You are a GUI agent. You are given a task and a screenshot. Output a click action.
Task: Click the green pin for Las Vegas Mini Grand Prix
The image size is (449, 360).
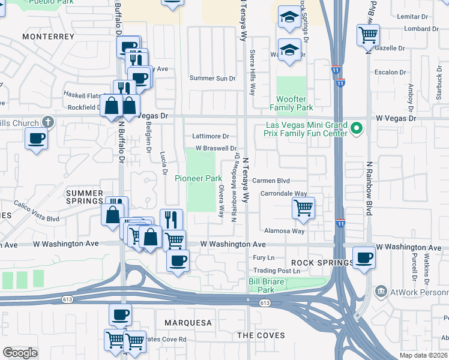[x=357, y=128]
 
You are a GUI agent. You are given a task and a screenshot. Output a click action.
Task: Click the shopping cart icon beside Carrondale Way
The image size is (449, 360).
[x=304, y=208]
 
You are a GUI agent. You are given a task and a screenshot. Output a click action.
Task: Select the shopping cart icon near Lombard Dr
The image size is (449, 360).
[x=367, y=34]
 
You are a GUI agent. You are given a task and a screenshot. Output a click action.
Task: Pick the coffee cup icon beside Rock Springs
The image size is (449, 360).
[x=364, y=257]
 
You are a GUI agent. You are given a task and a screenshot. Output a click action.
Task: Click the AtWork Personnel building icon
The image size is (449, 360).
[x=381, y=292]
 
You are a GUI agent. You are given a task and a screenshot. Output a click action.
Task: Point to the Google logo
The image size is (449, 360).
[x=20, y=352]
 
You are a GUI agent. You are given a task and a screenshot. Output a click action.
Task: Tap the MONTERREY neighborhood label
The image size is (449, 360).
[x=48, y=37]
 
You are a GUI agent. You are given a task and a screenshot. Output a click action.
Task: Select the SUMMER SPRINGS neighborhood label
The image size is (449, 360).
[x=85, y=197]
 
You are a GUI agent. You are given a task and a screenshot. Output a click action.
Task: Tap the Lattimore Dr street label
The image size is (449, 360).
[x=211, y=136]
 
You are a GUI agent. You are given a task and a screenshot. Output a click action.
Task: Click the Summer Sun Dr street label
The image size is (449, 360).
[x=212, y=78]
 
